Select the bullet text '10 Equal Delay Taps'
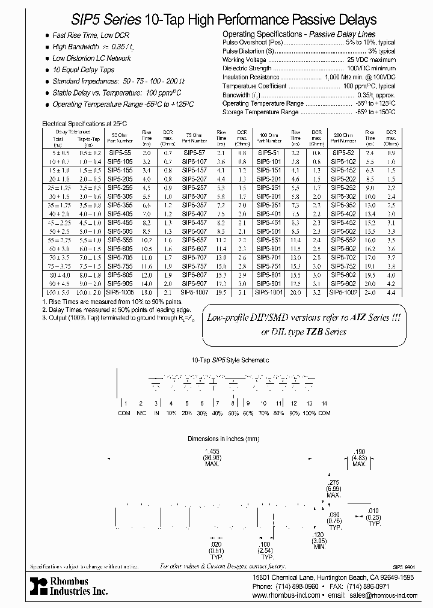83,70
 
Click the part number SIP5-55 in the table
117,153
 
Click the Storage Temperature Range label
260,112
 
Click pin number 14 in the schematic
325,403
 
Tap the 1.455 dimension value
212,451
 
